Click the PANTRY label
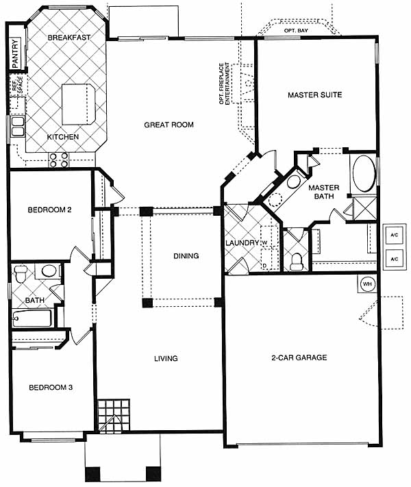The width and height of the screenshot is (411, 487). (15, 53)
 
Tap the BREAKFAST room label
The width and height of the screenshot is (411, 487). (69, 38)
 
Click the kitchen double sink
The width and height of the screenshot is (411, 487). (18, 127)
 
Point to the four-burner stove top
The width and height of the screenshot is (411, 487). (59, 160)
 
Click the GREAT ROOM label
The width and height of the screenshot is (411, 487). (169, 125)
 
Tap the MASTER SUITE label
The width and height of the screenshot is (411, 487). (314, 95)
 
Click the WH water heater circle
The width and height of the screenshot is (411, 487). (367, 284)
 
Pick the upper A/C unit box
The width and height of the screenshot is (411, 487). (395, 235)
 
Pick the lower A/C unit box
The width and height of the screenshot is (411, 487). (395, 259)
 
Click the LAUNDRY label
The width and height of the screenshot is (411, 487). (242, 243)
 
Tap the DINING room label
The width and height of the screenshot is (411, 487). (186, 256)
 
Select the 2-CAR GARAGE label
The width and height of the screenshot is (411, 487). (299, 358)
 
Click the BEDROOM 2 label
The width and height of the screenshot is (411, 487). (50, 210)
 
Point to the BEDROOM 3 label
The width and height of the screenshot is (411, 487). (51, 388)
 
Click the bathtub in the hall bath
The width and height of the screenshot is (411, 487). (32, 318)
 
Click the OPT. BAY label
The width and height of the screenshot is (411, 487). (296, 31)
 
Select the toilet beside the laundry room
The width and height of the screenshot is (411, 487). (296, 261)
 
